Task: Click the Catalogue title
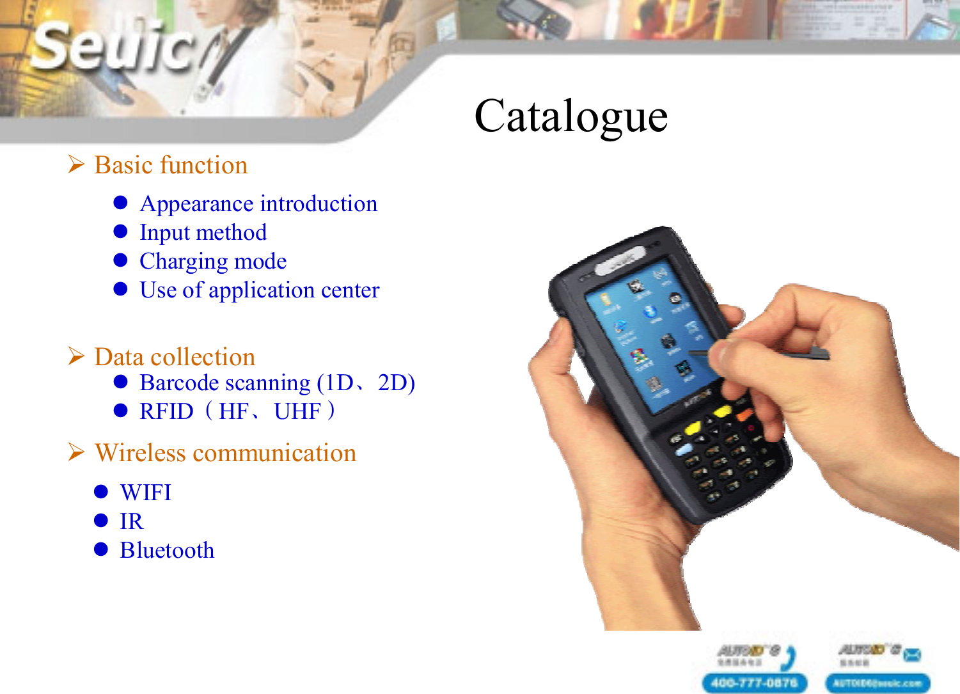click(571, 117)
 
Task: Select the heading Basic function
click(171, 165)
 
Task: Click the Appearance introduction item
click(258, 203)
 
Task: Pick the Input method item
click(203, 232)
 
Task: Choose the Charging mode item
click(213, 261)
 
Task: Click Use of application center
click(259, 290)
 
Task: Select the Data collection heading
click(175, 357)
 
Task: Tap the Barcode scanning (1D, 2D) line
click(277, 382)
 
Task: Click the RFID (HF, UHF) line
click(237, 411)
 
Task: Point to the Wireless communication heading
click(225, 453)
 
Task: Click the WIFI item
click(146, 493)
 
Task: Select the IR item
click(132, 521)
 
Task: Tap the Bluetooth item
click(167, 550)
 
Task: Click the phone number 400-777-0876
click(754, 682)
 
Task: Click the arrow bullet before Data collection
click(76, 356)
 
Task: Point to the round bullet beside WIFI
click(101, 491)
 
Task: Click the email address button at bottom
click(877, 682)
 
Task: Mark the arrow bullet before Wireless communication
click(76, 452)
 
